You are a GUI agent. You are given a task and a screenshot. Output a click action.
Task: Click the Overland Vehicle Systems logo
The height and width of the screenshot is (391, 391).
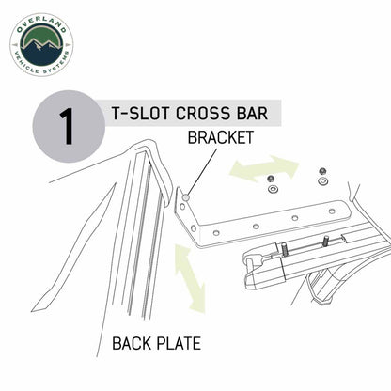tap(41, 45)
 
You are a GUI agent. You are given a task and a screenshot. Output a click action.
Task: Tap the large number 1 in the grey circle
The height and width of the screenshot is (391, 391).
tap(67, 127)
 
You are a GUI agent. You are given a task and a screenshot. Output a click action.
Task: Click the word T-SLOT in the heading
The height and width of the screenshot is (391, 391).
tap(140, 113)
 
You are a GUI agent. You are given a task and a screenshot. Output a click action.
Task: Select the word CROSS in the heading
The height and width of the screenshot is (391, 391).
tap(203, 113)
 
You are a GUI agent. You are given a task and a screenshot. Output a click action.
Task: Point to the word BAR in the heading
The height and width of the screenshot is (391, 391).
tap(253, 113)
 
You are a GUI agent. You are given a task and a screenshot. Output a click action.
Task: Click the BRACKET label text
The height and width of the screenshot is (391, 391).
tap(221, 137)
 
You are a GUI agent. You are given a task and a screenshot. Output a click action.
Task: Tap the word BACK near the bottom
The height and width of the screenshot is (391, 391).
tap(132, 343)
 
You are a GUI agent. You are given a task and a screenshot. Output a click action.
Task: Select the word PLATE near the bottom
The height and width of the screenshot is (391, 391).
tap(179, 343)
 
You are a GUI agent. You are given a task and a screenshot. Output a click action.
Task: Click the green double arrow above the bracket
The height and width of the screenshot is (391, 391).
tap(264, 168)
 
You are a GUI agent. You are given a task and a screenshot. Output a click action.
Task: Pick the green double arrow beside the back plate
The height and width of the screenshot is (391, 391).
tap(190, 278)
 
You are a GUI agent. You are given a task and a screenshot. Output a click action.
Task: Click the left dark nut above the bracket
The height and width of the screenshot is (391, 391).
tap(271, 179)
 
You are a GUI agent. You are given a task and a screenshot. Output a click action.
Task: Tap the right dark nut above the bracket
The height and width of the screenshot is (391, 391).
tap(321, 171)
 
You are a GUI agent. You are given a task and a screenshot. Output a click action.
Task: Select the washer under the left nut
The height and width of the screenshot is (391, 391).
tap(274, 189)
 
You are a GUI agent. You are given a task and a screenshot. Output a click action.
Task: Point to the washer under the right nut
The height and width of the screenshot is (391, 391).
tap(322, 181)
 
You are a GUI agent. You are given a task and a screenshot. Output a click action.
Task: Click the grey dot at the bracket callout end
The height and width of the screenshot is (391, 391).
tap(186, 197)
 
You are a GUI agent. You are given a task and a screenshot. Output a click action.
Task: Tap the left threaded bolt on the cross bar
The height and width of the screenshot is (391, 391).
tap(285, 249)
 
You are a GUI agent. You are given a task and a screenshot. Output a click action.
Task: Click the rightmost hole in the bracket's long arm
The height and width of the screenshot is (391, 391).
tap(332, 211)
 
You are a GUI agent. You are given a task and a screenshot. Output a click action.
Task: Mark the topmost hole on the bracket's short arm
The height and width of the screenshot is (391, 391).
tap(182, 207)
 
